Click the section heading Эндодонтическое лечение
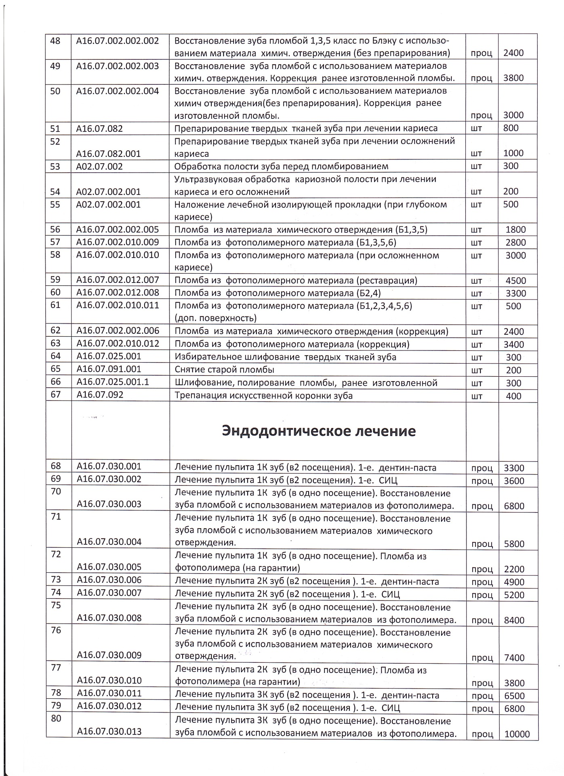click(318, 431)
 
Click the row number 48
click(55, 40)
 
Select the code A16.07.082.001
click(109, 153)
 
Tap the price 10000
click(517, 734)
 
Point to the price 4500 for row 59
click(516, 280)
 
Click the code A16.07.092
click(100, 394)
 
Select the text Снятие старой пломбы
click(224, 369)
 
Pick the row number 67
click(55, 394)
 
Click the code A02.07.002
click(99, 166)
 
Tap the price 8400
click(514, 620)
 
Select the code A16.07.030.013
click(109, 731)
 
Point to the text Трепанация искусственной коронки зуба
click(263, 395)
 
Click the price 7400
click(514, 658)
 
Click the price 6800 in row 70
click(514, 506)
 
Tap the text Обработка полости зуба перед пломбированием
click(281, 166)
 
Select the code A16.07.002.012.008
click(118, 292)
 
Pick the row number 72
click(56, 554)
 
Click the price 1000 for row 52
click(513, 153)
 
